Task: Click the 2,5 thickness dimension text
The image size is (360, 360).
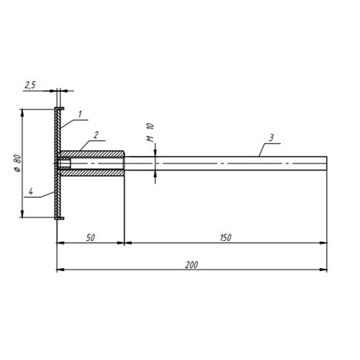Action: [31, 85]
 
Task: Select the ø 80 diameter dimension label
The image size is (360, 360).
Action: [17, 163]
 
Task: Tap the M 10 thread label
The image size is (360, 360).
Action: [150, 133]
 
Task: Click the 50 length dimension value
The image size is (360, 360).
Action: [91, 238]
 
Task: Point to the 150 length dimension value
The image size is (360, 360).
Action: [226, 238]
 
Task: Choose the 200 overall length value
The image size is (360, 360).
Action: [191, 265]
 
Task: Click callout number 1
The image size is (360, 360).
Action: [80, 114]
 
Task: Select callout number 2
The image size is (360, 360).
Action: [96, 135]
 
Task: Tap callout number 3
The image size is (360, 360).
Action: [271, 138]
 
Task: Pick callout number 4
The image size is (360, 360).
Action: [31, 191]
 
